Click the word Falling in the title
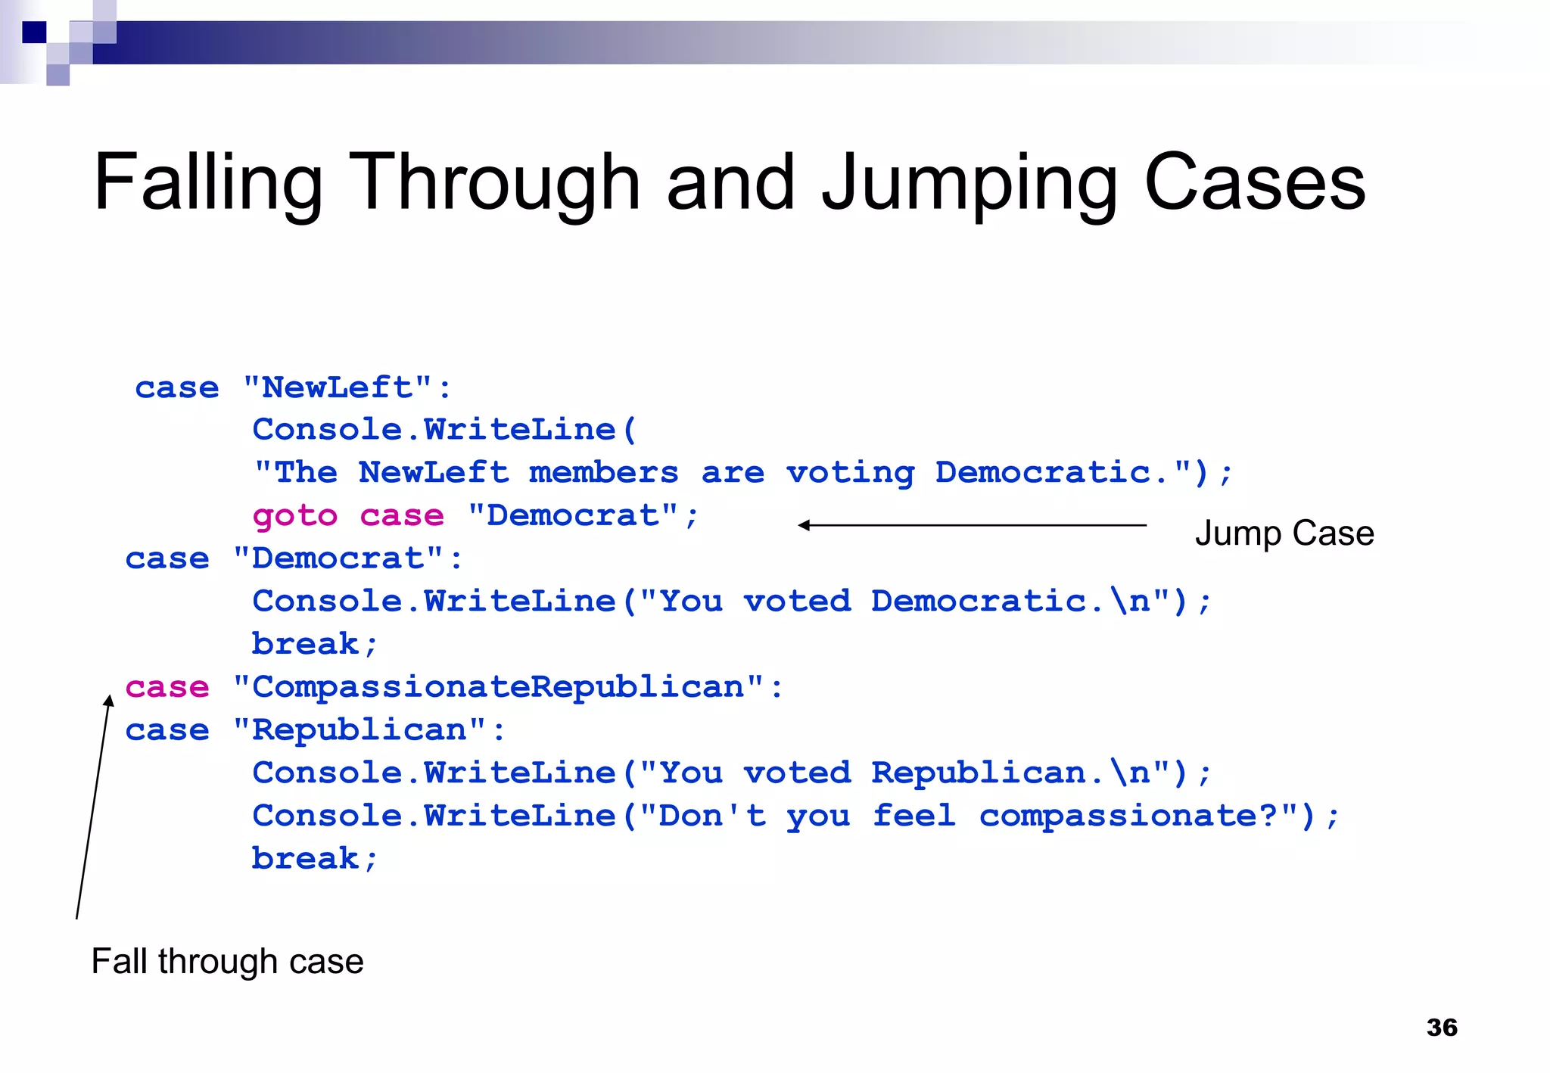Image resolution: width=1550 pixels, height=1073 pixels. point(208,183)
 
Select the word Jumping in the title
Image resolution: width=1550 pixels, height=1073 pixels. point(970,183)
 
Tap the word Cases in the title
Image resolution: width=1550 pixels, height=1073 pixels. point(1254,183)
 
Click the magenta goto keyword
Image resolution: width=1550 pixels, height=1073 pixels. point(294,516)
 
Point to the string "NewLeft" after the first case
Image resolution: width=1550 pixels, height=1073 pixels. point(338,387)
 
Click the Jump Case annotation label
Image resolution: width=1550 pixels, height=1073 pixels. point(1284,533)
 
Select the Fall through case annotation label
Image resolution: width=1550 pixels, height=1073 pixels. point(227,961)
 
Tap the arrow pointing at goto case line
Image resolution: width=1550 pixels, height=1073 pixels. point(972,525)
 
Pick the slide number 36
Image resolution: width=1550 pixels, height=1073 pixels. point(1441,1027)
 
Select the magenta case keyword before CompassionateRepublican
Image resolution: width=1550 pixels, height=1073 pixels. point(167,687)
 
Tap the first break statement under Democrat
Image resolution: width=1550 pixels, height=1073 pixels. point(313,644)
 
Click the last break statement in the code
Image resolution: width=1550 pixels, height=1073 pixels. point(313,859)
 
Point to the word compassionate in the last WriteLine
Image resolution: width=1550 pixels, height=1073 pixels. point(1128,816)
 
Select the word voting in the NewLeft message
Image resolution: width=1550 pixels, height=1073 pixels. point(850,473)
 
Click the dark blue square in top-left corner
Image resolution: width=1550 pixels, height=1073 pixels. point(34,33)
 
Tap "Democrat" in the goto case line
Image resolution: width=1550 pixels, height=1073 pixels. point(573,516)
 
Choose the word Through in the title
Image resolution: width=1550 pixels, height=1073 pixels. point(495,183)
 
